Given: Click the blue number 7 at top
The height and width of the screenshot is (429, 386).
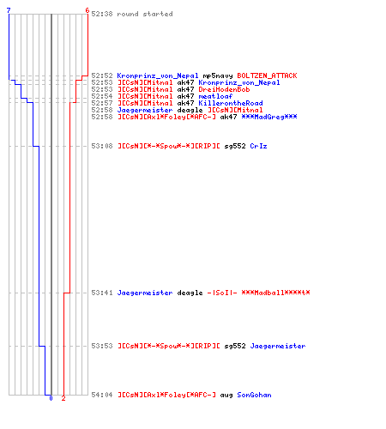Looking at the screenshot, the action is coord(9,10).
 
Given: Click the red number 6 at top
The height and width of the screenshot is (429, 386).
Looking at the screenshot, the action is coord(87,10).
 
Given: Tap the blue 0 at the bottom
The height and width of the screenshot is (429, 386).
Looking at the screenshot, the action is coord(51,398).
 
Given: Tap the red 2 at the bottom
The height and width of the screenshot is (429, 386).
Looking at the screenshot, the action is coord(63,398).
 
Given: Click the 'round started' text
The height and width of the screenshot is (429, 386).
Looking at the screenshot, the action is coord(145,14).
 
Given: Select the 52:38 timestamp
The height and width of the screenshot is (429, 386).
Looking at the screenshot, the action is coord(102,14).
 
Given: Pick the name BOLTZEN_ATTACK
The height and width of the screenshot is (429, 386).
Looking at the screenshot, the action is coord(267,76).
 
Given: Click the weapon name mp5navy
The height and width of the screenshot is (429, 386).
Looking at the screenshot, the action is coord(218,76).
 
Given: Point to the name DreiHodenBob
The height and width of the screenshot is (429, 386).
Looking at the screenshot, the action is coord(224,89).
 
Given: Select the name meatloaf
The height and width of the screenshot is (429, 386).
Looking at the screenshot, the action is coord(215,96).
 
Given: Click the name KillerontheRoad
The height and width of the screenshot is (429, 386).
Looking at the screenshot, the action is coord(231,103).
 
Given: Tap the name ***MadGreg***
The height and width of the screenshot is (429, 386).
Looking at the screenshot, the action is coord(269,117).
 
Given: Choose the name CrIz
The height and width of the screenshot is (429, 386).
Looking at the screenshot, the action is coord(258,146).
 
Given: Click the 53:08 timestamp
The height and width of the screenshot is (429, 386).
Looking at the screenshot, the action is coord(102,146).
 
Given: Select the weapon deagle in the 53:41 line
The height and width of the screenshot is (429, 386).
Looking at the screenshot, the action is coord(190,293).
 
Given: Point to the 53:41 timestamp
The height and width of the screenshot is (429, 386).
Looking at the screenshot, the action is coord(102,293).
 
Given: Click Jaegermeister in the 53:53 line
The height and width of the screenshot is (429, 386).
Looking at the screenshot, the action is coord(278,346).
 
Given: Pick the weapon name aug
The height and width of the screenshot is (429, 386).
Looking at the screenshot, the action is coord(226,396).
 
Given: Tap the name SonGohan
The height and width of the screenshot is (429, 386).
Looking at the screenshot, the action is coord(254,395).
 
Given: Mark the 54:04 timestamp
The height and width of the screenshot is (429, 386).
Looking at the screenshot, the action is coord(102,395).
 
